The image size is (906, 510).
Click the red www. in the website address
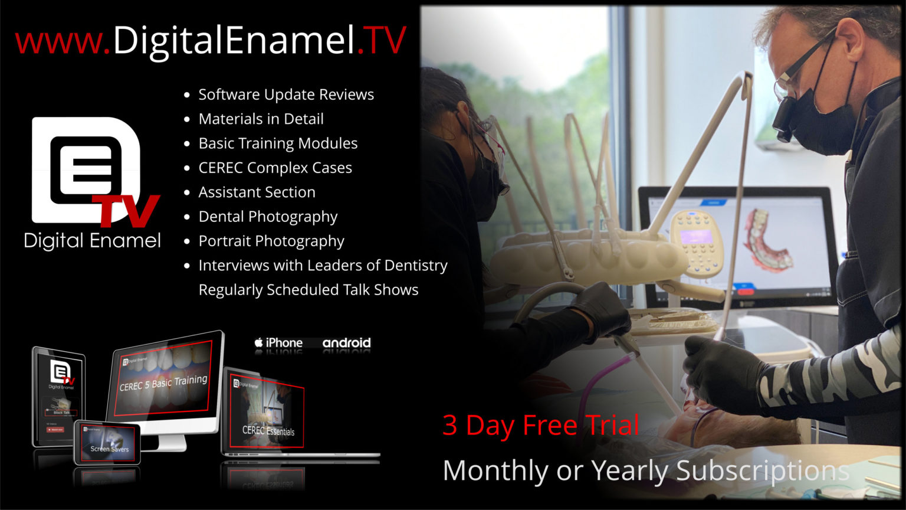(63, 41)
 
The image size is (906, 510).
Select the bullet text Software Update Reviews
(286, 94)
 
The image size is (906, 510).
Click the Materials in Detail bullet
(261, 119)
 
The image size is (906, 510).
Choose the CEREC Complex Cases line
(275, 168)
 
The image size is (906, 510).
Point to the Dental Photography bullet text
(268, 217)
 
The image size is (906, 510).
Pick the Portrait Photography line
(271, 241)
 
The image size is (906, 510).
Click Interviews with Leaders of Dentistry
(323, 266)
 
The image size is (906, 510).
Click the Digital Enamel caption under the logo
(93, 241)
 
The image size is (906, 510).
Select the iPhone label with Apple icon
(278, 343)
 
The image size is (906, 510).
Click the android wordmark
(346, 343)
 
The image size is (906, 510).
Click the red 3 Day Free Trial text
(541, 425)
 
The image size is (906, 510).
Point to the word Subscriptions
(762, 471)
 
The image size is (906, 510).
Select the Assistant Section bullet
(257, 192)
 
